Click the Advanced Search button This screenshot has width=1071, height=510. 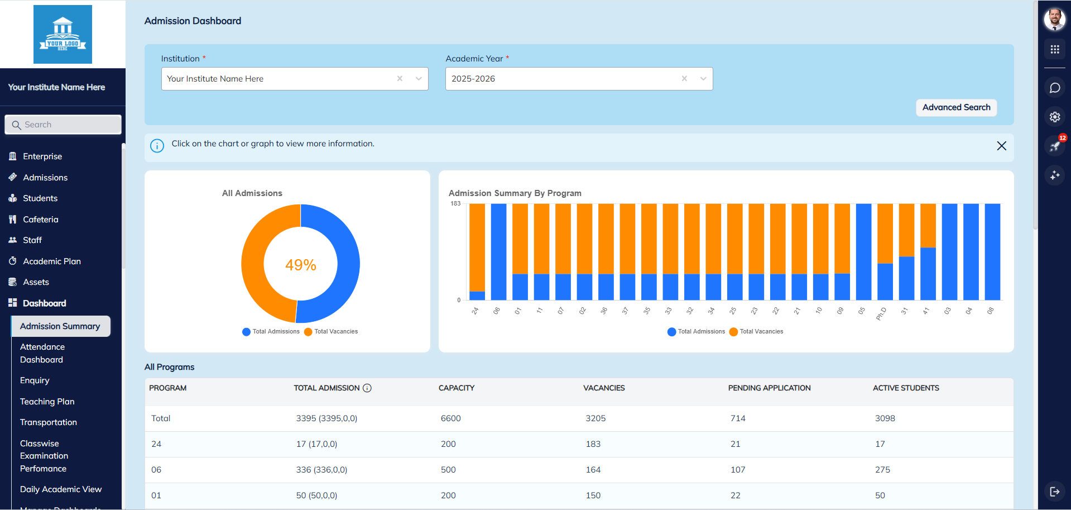point(955,107)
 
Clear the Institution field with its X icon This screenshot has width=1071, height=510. point(400,79)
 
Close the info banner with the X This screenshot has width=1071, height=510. point(1001,146)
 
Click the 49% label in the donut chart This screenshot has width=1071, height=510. point(300,265)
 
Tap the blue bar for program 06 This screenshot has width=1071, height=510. point(498,251)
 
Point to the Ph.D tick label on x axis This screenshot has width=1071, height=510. point(881,313)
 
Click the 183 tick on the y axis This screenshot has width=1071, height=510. point(455,203)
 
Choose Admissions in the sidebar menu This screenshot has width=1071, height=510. point(45,178)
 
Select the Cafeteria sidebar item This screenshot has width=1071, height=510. point(40,220)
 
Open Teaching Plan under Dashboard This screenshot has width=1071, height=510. point(47,402)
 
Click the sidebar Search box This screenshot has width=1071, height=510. point(63,125)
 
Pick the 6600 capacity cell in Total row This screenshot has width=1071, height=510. point(450,418)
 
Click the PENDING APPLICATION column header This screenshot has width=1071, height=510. point(769,388)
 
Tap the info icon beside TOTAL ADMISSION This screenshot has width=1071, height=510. point(367,388)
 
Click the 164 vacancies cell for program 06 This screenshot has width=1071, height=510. point(593,470)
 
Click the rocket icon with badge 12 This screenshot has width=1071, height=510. point(1054,146)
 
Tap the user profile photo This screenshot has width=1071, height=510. point(1054,19)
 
